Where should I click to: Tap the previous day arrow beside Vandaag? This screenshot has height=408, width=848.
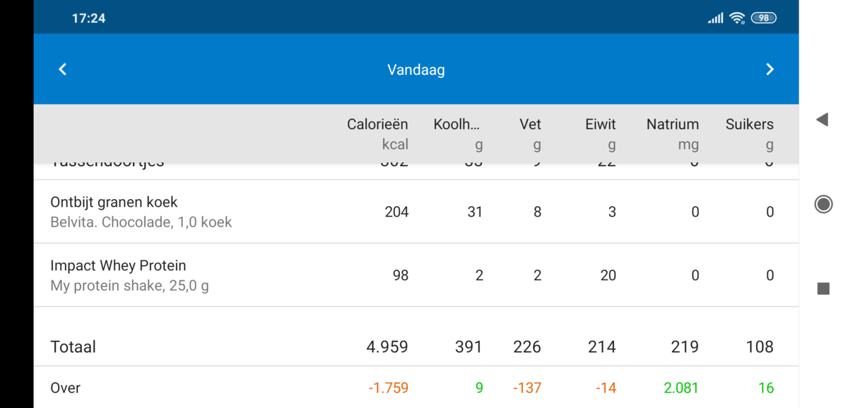coord(62,69)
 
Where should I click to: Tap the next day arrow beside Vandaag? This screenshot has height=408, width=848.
coord(770,69)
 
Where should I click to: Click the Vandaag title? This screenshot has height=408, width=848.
coord(416,70)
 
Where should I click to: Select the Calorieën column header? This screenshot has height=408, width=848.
coord(377,124)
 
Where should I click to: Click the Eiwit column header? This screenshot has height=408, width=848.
coord(601,124)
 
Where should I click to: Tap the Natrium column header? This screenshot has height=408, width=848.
coord(672,124)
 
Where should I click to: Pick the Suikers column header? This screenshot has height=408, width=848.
coord(749,124)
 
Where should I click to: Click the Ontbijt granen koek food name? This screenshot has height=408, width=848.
coord(114,202)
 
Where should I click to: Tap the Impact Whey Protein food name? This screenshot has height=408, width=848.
coord(118,265)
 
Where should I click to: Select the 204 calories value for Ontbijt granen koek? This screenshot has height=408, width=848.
coord(396,212)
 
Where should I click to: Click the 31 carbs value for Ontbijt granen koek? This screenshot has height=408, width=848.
coord(475,212)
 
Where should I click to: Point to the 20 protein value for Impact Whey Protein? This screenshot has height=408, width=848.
coord(608,275)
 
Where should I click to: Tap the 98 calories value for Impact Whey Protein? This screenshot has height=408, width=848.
coord(401,275)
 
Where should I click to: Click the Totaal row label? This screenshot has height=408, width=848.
coord(73,347)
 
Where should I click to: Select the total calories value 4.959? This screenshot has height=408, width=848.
coord(387,347)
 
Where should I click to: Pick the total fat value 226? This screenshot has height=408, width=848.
coord(526,347)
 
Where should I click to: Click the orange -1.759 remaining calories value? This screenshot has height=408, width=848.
coord(388,388)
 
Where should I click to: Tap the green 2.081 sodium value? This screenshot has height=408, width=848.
coord(681,388)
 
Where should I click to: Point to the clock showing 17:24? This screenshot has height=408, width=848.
coord(88,18)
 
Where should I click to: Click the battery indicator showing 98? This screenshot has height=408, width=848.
coord(763,18)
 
